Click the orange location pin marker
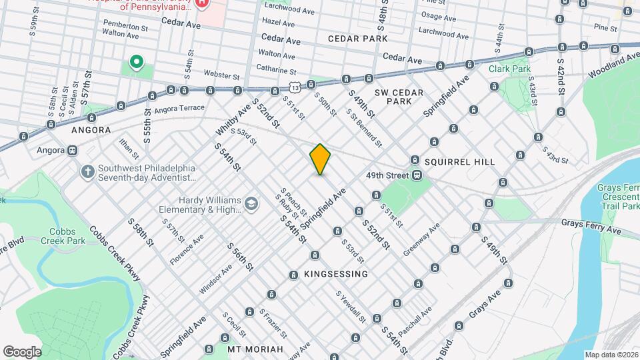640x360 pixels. (321, 159)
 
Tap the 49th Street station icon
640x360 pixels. (417, 175)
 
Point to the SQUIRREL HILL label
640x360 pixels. (460, 162)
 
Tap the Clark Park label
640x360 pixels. (509, 69)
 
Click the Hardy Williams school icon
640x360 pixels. (251, 203)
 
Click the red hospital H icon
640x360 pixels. (203, 4)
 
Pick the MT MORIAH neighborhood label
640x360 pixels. (255, 349)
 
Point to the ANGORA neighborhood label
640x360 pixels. (91, 131)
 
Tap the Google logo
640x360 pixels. (22, 351)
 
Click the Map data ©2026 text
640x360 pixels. (611, 355)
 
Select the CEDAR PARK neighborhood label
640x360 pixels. (358, 39)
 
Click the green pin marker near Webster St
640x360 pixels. (137, 63)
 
